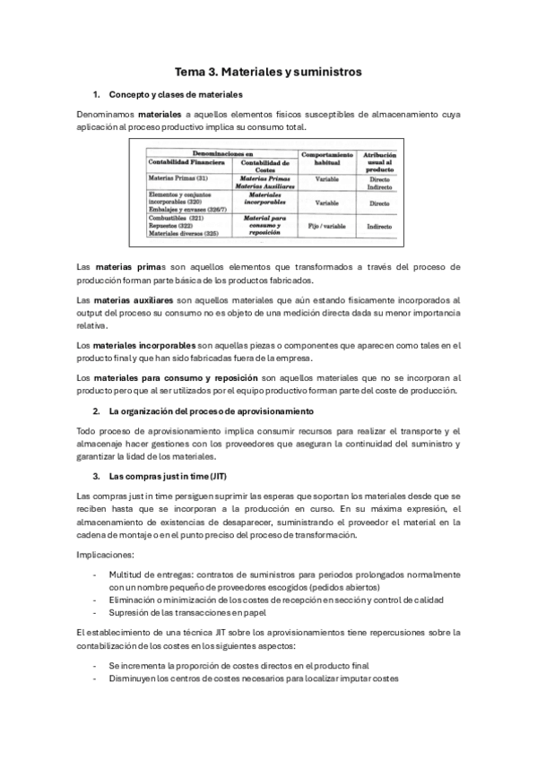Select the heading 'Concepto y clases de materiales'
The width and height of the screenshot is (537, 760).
pyautogui.click(x=175, y=94)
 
